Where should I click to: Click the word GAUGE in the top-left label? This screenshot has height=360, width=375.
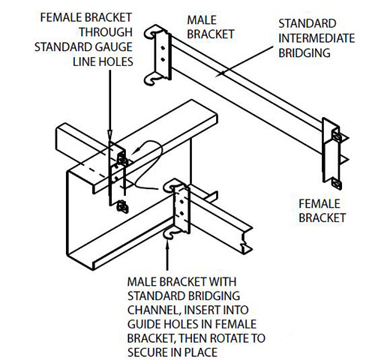coord(114,47)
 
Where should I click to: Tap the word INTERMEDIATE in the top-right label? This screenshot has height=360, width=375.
coord(316,38)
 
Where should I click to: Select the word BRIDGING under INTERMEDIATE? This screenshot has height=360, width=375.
coord(304,53)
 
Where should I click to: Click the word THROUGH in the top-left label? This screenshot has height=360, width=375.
coord(106,32)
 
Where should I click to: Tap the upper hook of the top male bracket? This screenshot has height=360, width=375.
coord(153,31)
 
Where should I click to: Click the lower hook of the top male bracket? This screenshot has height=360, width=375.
coord(151,79)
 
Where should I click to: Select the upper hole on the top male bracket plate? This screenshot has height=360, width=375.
coord(163,48)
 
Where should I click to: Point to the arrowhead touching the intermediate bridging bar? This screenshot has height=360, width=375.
coord(220,73)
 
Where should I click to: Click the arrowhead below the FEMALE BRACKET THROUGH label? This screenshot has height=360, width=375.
coord(110,134)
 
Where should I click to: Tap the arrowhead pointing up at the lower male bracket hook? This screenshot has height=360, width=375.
coord(167,243)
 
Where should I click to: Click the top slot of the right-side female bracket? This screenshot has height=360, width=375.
coord(337,137)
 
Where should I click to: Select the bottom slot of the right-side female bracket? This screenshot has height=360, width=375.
coord(337,184)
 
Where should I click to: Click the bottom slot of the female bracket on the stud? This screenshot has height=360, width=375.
coord(122,207)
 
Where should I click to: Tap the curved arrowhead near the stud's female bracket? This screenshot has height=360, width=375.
coord(134,151)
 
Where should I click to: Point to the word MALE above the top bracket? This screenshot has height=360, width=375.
coord(202,20)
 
